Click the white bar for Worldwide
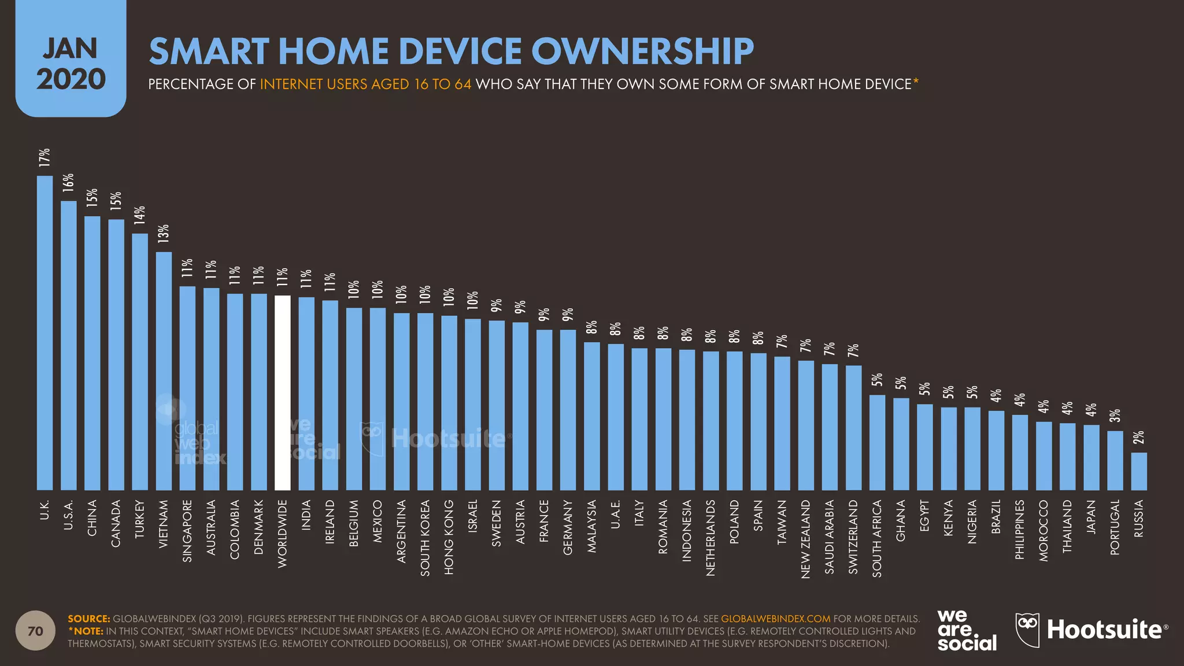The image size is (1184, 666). click(282, 393)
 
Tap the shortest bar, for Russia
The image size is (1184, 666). click(1139, 471)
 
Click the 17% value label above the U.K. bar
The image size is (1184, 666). click(45, 158)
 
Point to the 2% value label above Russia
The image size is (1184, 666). click(1138, 437)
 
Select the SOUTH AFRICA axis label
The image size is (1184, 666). click(877, 538)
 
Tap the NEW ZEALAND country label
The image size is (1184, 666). click(805, 539)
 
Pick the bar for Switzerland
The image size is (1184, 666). click(853, 428)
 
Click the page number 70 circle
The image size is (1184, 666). click(35, 631)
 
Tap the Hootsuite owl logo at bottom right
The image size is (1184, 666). click(1028, 630)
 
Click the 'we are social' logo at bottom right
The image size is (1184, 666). click(967, 630)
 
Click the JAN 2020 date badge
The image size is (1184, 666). click(71, 64)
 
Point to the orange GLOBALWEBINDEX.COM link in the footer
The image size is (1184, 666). click(775, 619)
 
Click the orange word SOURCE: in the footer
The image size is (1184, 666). click(88, 619)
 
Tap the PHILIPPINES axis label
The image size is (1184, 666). click(1019, 530)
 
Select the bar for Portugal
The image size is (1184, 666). click(1115, 460)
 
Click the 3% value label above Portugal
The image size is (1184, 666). click(1115, 415)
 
